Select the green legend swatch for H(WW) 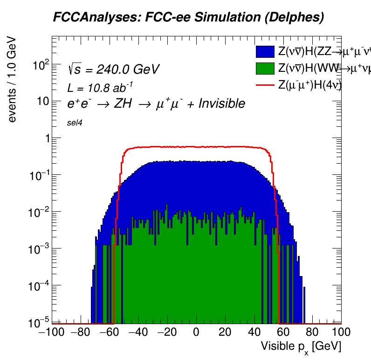pos(265,68)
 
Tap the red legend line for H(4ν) pos(265,85)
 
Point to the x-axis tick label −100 pos(48,332)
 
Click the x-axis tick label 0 pos(196,332)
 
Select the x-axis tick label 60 pos(283,332)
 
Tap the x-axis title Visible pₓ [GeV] pos(301,346)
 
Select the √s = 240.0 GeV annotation pos(114,69)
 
